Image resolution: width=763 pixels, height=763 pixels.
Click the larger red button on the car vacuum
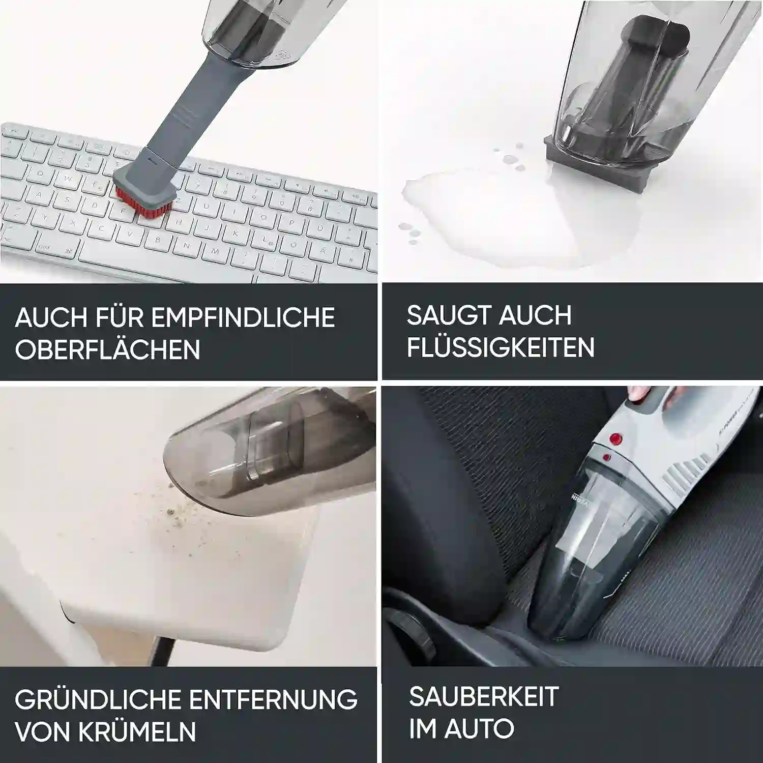click(x=617, y=438)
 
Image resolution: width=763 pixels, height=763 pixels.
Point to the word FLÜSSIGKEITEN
click(x=501, y=347)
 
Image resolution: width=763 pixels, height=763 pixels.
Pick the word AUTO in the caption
click(x=479, y=728)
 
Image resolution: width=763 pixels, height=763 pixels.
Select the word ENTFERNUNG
click(x=273, y=700)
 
